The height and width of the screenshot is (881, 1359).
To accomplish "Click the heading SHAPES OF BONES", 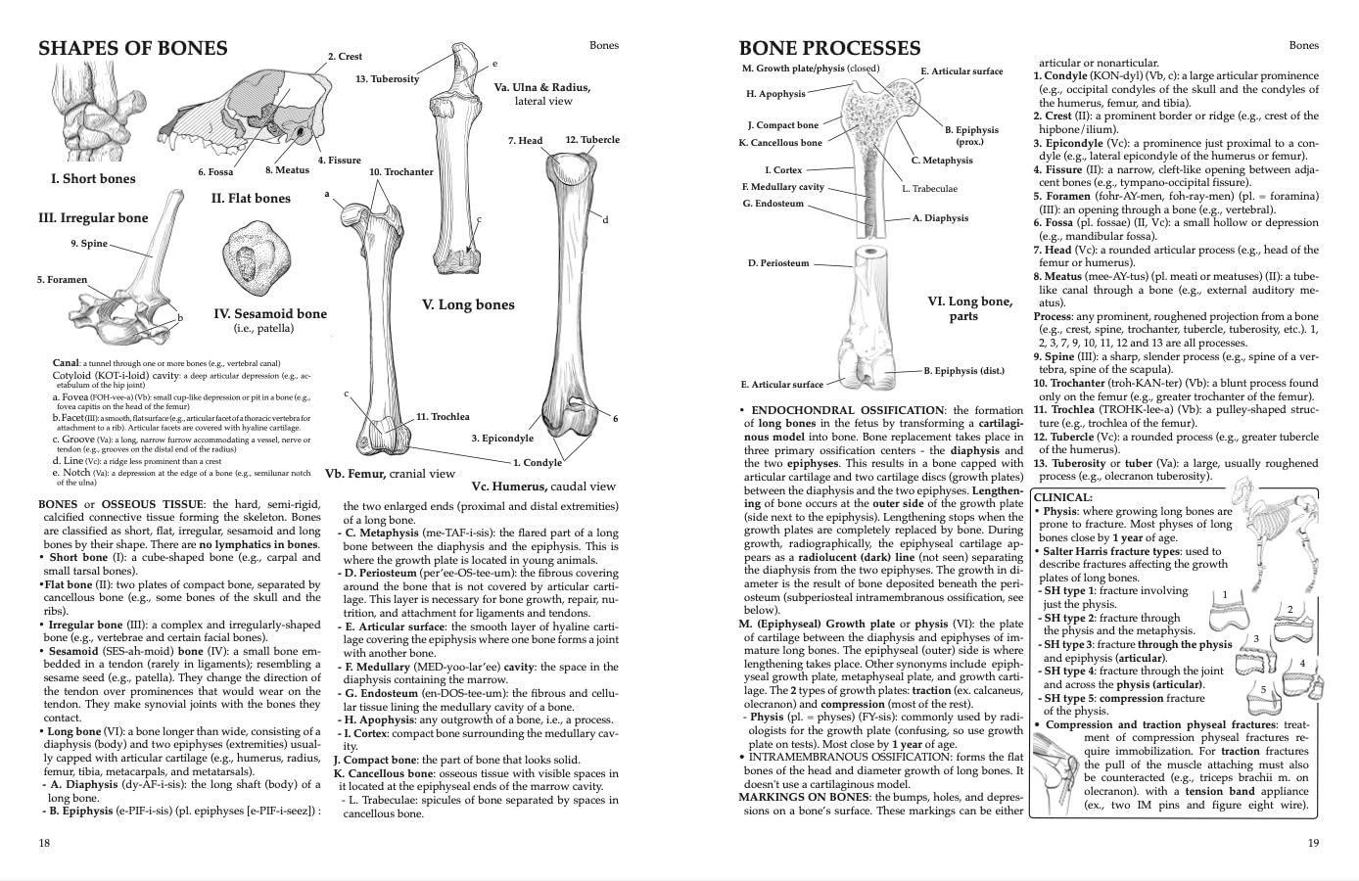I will (x=132, y=49).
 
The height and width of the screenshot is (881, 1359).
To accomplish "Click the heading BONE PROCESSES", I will (x=829, y=49).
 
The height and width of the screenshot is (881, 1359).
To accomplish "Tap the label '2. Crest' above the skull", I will (x=345, y=57).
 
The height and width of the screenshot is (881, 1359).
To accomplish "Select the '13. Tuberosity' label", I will (x=387, y=78).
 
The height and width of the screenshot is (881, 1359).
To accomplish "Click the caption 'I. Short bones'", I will (x=93, y=179).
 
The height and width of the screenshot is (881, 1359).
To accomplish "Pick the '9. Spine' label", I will (x=88, y=243).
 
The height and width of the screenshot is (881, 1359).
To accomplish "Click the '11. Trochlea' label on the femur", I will (x=443, y=416).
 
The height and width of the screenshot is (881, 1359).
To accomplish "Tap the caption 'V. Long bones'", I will (x=468, y=304).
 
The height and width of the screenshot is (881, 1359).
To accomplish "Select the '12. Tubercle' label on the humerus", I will (x=592, y=139).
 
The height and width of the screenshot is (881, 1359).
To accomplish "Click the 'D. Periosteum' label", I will (x=778, y=262).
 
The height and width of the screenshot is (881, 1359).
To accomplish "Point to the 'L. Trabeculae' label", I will (x=929, y=188).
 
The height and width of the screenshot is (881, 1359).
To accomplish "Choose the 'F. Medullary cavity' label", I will (x=783, y=186).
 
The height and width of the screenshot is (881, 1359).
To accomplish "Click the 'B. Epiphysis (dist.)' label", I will (x=964, y=371).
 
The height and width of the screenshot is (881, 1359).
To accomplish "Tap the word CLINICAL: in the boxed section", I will (x=1062, y=497).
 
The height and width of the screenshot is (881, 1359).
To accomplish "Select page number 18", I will (x=44, y=843).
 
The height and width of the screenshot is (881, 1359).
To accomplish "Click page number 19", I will (x=1313, y=843).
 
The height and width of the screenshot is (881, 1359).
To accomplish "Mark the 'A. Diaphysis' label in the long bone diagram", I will (x=940, y=218).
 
